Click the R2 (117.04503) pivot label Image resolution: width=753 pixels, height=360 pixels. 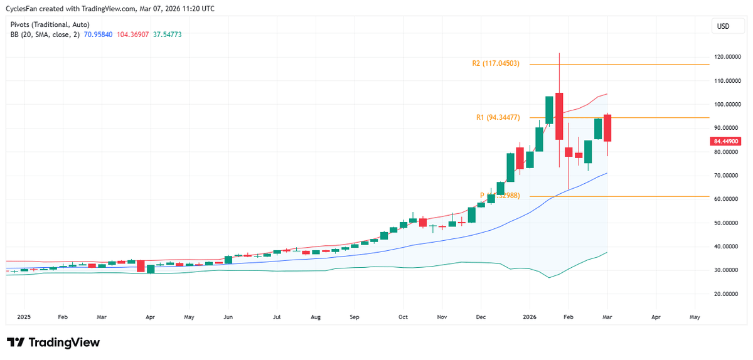click(x=496, y=64)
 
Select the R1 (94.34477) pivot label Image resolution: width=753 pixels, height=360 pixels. click(x=498, y=117)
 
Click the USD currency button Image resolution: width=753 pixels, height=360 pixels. click(x=724, y=26)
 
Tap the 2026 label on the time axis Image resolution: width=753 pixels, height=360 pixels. click(x=530, y=317)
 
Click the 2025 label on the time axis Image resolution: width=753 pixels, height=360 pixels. click(x=24, y=317)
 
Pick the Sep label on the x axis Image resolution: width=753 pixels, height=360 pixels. click(x=355, y=317)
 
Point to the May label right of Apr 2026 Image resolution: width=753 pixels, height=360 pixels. click(x=694, y=317)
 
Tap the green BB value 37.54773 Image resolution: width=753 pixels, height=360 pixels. click(x=169, y=35)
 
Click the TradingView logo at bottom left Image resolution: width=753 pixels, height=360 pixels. click(x=53, y=342)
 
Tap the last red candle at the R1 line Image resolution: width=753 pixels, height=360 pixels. click(x=608, y=128)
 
